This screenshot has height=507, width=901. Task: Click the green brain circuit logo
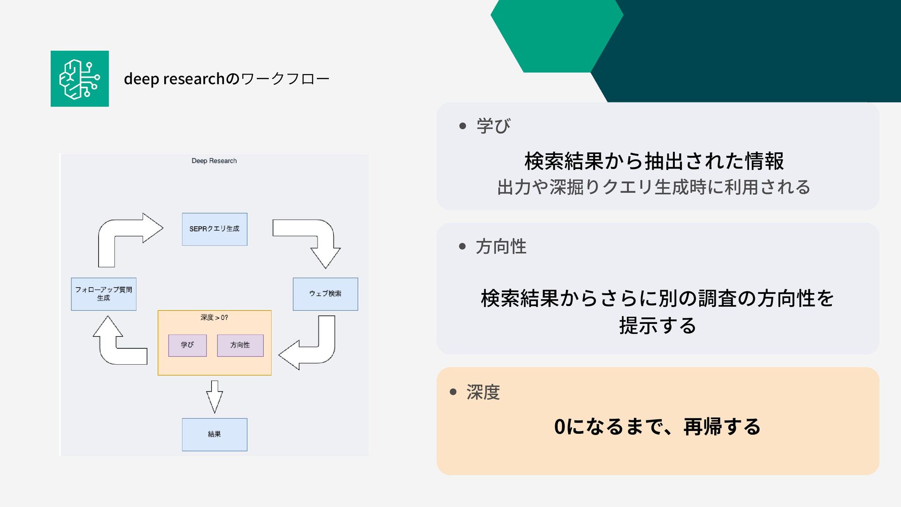(80, 79)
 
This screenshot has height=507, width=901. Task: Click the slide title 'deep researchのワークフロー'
(226, 79)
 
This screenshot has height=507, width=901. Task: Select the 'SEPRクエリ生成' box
(214, 229)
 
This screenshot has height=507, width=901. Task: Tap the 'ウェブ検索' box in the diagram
(325, 294)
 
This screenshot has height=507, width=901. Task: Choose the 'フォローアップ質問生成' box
(104, 294)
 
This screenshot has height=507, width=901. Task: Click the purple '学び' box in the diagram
(187, 345)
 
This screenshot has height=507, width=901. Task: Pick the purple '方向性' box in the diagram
(240, 345)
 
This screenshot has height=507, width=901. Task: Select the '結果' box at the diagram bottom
(214, 434)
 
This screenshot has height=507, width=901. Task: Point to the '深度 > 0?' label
(214, 318)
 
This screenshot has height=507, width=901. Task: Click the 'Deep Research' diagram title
(214, 161)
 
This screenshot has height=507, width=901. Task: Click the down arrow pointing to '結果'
(214, 397)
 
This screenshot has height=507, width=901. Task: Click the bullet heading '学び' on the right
(493, 126)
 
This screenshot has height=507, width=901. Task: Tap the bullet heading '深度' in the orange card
(483, 392)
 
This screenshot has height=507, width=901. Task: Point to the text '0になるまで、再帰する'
(657, 427)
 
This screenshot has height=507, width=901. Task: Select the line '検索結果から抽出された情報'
(654, 161)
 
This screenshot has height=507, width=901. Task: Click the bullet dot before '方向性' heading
(463, 246)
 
